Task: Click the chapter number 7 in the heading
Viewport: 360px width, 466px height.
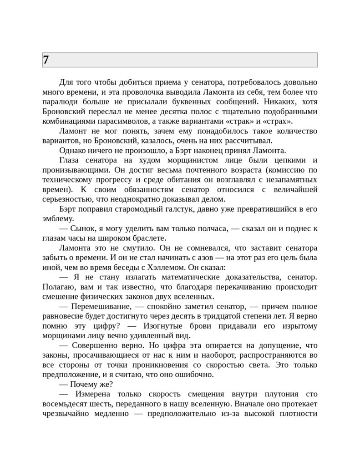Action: (x=46, y=60)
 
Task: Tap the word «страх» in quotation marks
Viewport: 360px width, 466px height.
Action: (x=278, y=121)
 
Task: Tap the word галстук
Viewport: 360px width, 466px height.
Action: (x=180, y=209)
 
